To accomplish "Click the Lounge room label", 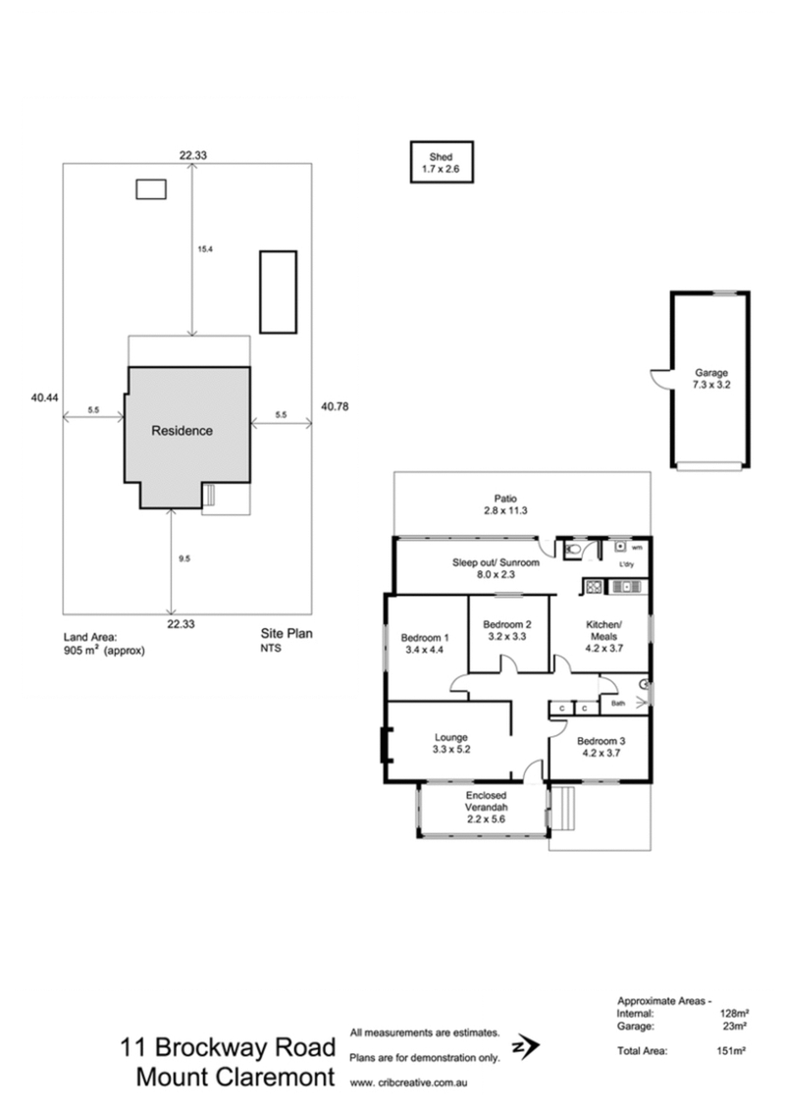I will [x=452, y=743].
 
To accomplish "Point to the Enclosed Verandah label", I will [x=483, y=804].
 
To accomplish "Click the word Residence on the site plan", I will [x=182, y=431].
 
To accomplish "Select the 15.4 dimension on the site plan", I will [x=205, y=249].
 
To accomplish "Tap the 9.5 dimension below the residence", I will [x=183, y=558].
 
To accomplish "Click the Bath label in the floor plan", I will [x=618, y=704].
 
